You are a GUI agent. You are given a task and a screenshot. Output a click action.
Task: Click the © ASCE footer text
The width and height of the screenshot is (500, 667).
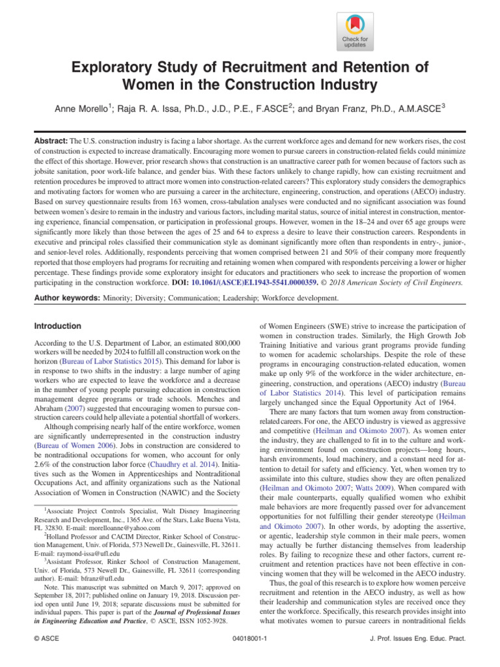pos(46,639)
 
